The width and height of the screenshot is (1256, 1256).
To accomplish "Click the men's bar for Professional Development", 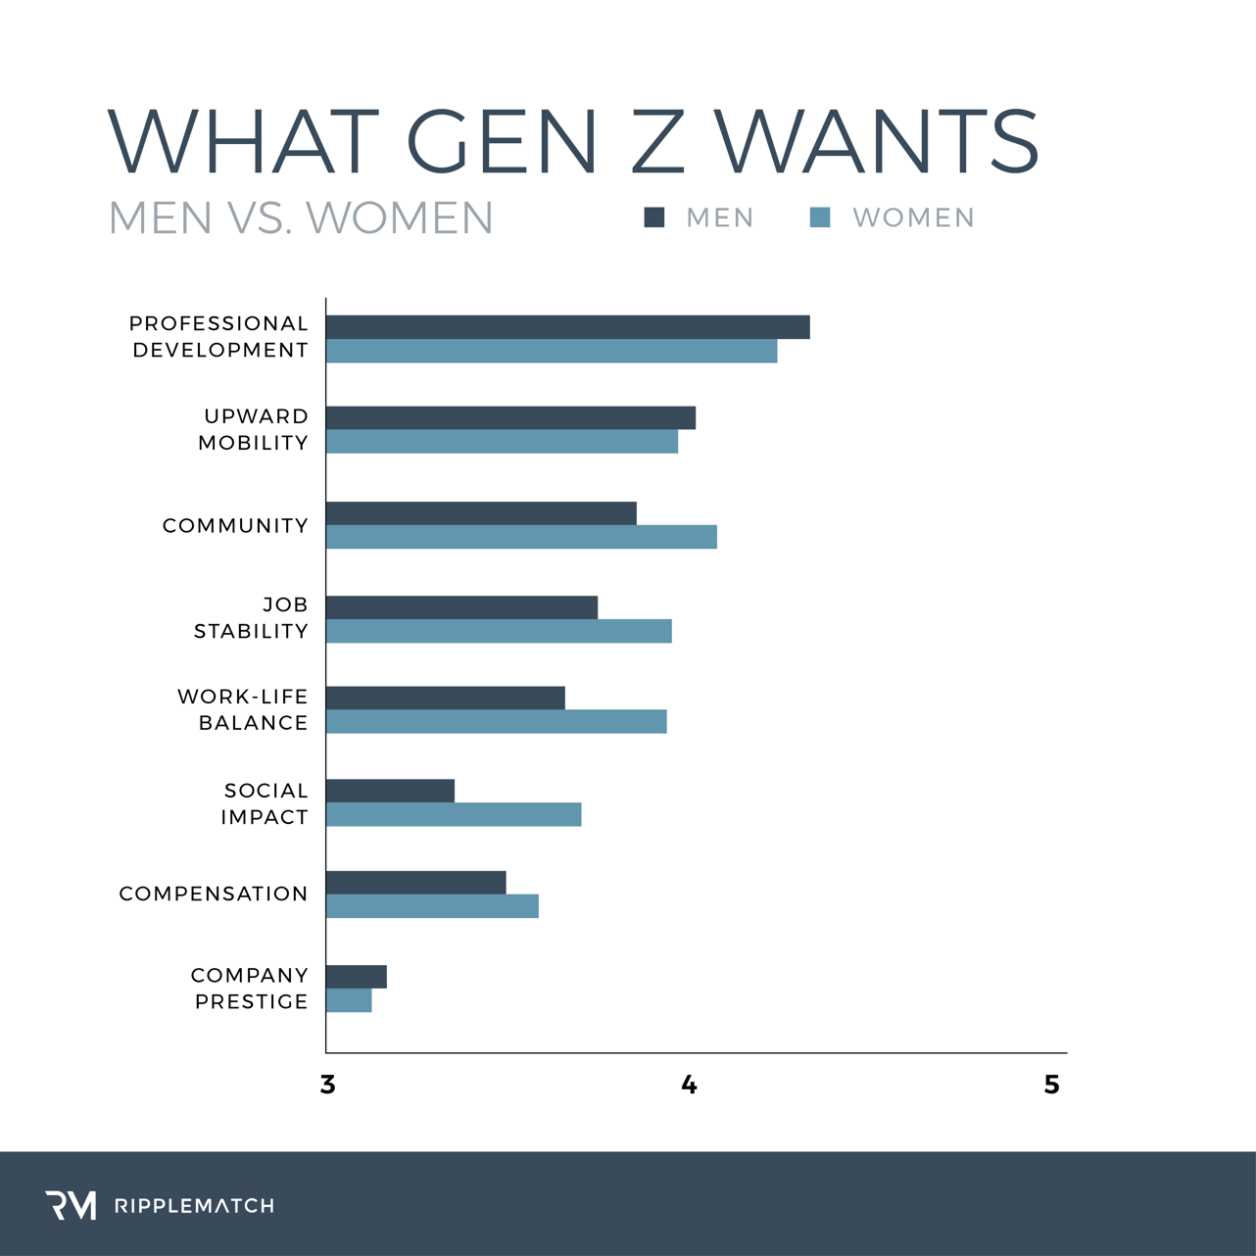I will [x=567, y=327].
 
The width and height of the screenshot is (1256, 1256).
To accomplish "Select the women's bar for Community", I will [x=521, y=537].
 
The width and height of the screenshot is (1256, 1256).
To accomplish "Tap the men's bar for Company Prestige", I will [x=357, y=977].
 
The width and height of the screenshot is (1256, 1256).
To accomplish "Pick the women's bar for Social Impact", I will [x=454, y=814].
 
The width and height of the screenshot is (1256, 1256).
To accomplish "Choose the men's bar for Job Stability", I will [x=461, y=607].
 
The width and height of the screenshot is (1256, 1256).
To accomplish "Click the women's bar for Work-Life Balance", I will [x=496, y=721].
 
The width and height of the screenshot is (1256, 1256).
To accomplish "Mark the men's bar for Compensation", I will [x=415, y=883].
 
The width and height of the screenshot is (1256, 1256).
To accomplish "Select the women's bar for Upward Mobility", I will [x=502, y=442].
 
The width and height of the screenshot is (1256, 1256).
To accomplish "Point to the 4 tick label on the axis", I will [x=689, y=1085].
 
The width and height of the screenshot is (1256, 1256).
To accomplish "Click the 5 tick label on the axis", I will [x=1051, y=1085].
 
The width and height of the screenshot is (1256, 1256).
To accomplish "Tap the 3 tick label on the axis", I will [x=327, y=1085].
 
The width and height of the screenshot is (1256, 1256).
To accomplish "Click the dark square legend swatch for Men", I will [x=653, y=217].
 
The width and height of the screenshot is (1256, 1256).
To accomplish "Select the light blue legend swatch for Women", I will [x=820, y=217].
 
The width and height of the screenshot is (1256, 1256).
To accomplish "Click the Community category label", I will [x=235, y=526].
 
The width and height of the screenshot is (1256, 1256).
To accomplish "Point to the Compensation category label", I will [x=214, y=894].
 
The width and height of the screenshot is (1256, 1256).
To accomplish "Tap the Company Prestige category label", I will [x=250, y=989].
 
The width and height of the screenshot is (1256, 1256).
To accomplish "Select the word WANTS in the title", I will [x=876, y=141].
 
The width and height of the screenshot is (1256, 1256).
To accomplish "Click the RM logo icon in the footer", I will [x=71, y=1205].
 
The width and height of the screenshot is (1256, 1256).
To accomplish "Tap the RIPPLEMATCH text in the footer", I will [x=194, y=1206].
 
